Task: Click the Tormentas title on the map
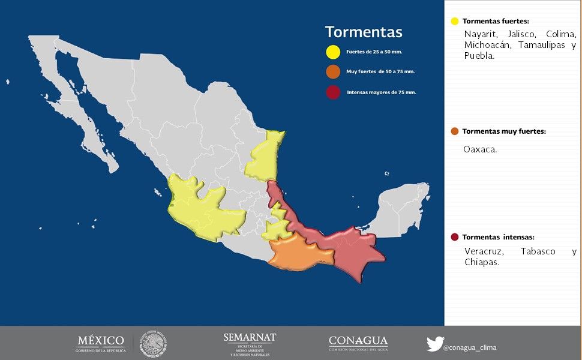point(364,32)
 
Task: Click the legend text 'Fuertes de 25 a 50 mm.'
point(374,52)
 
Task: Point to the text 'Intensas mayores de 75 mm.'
point(382,92)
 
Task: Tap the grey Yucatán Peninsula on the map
point(403,207)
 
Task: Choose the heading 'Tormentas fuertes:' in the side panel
point(496,21)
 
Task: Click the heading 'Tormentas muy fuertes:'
point(504,131)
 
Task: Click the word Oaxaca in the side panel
point(480,149)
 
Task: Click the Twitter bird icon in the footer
point(434,344)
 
